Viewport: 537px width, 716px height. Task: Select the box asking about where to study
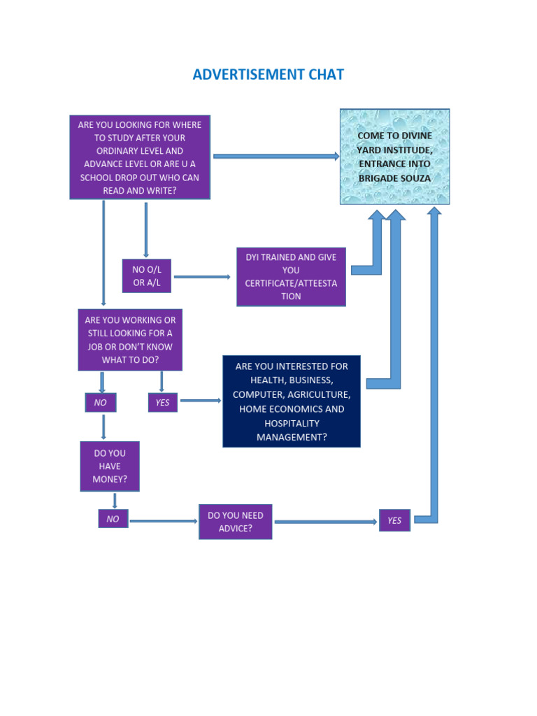click(x=140, y=157)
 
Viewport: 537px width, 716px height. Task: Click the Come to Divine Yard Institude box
click(x=394, y=157)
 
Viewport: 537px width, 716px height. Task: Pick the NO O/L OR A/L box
click(x=147, y=276)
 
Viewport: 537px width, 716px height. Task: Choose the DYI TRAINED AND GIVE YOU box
click(x=291, y=277)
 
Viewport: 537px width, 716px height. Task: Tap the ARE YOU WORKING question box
click(x=130, y=340)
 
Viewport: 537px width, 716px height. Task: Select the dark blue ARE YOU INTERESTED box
click(x=292, y=401)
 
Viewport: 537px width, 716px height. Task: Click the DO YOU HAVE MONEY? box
click(x=109, y=466)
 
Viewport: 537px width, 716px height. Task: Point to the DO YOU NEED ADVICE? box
click(x=235, y=522)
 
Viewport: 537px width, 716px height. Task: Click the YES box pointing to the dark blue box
click(x=162, y=402)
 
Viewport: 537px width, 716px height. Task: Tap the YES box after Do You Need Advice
click(x=394, y=520)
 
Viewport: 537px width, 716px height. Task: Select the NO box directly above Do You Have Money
click(x=101, y=402)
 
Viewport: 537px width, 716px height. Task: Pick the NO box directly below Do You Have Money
click(x=113, y=519)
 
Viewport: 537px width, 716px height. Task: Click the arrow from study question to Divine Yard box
click(x=275, y=156)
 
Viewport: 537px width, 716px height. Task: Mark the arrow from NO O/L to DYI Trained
click(x=202, y=277)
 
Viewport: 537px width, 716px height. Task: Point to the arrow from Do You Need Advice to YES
click(x=325, y=522)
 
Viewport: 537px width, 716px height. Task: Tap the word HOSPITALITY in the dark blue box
click(x=292, y=424)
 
